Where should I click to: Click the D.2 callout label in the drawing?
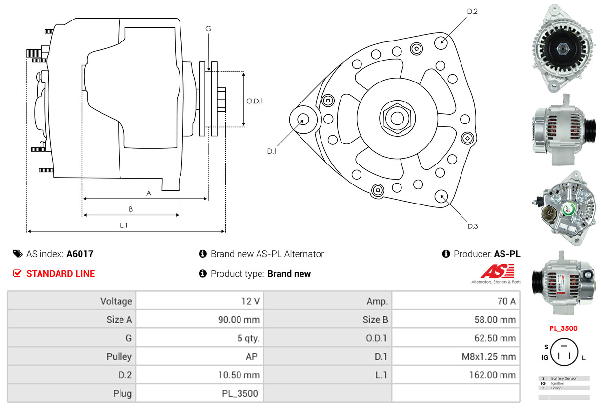pyautogui.click(x=472, y=11)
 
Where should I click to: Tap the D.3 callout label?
pyautogui.click(x=472, y=226)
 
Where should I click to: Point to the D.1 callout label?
pyautogui.click(x=272, y=151)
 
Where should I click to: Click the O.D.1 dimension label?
pyautogui.click(x=255, y=101)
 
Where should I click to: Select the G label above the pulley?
pyautogui.click(x=208, y=29)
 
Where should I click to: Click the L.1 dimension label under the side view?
pyautogui.click(x=124, y=225)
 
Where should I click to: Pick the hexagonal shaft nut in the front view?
pyautogui.click(x=396, y=117)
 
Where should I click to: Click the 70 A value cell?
pyautogui.click(x=506, y=301)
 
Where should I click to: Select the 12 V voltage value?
pyautogui.click(x=250, y=301)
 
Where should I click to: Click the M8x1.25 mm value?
pyautogui.click(x=488, y=357)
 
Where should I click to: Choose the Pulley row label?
pyautogui.click(x=119, y=357)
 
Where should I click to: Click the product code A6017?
pyautogui.click(x=80, y=254)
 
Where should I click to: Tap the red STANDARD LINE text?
pyautogui.click(x=60, y=274)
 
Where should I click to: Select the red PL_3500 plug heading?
pyautogui.click(x=563, y=328)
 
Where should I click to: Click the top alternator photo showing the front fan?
pyautogui.click(x=563, y=48)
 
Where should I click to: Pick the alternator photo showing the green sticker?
pyautogui.click(x=563, y=208)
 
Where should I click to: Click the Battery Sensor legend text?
pyautogui.click(x=563, y=378)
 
